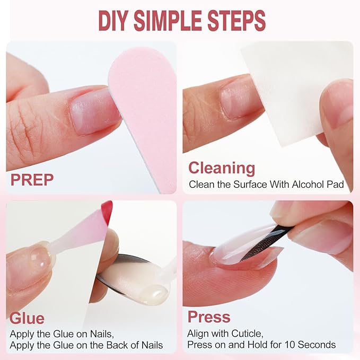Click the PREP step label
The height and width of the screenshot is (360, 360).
pyautogui.click(x=32, y=180)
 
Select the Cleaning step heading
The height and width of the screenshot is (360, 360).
pyautogui.click(x=222, y=168)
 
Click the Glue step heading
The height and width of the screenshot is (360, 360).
pyautogui.click(x=27, y=319)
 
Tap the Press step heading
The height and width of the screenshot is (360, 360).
pyautogui.click(x=209, y=317)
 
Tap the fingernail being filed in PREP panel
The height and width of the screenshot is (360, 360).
pyautogui.click(x=94, y=111)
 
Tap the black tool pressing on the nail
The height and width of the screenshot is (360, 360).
pyautogui.click(x=268, y=242)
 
